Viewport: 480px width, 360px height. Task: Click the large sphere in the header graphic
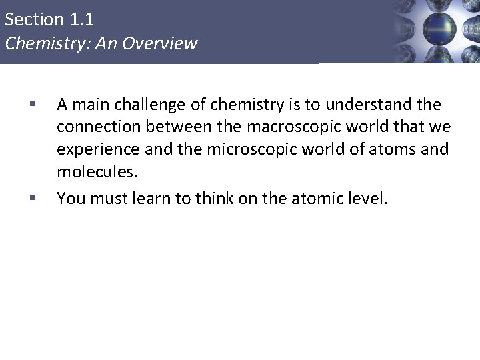pos(441,28)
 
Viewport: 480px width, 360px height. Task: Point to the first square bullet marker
pos(32,104)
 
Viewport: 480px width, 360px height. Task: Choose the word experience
pos(94,150)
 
